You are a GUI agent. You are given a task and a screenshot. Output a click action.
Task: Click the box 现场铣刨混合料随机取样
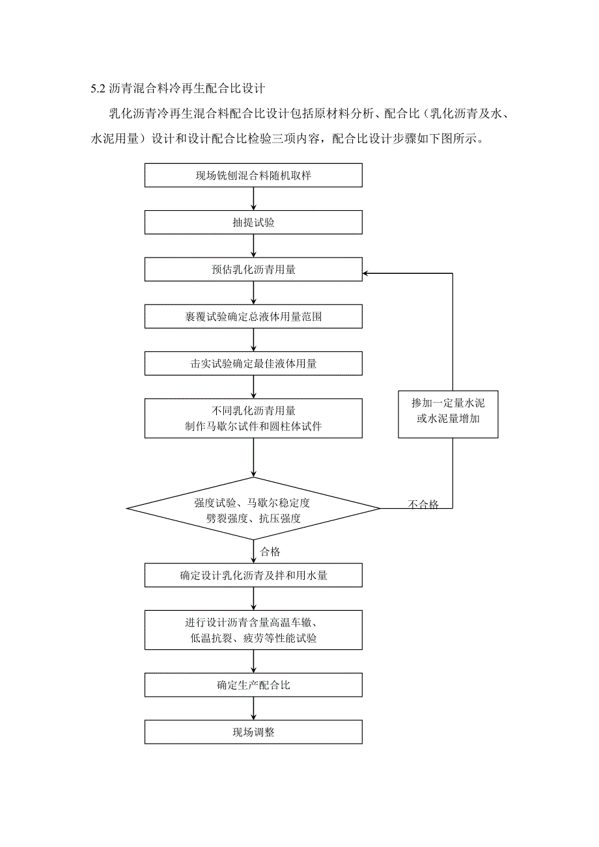pyautogui.click(x=253, y=176)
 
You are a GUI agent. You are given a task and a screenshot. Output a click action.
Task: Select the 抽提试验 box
pyautogui.click(x=253, y=222)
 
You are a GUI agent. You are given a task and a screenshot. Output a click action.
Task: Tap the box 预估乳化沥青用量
pyautogui.click(x=253, y=269)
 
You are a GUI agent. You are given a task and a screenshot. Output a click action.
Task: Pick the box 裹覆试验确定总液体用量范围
pyautogui.click(x=253, y=317)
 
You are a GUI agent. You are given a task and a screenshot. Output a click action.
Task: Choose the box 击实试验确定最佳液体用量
pyautogui.click(x=253, y=364)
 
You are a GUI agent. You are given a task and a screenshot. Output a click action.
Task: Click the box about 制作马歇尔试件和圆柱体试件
pyautogui.click(x=253, y=418)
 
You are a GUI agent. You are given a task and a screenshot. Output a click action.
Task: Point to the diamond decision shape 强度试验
pyautogui.click(x=253, y=509)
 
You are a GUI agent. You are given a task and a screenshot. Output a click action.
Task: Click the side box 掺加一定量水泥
pyautogui.click(x=448, y=412)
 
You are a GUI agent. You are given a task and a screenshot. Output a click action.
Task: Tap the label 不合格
pyautogui.click(x=423, y=504)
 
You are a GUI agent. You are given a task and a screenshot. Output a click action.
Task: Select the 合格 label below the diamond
pyautogui.click(x=270, y=552)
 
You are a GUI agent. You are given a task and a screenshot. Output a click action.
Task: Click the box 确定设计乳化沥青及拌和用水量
pyautogui.click(x=253, y=575)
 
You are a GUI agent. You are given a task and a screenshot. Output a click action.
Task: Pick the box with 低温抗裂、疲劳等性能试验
pyautogui.click(x=253, y=630)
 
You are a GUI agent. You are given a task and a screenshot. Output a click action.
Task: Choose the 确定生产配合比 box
pyautogui.click(x=253, y=685)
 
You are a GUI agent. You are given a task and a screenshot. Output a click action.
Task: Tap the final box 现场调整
pyautogui.click(x=253, y=732)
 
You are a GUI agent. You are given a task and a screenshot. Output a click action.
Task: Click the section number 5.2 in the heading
pyautogui.click(x=98, y=87)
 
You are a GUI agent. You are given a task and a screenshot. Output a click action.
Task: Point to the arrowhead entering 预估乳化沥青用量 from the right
pyautogui.click(x=367, y=273)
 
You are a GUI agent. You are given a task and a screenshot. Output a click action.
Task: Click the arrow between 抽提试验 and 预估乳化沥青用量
pyautogui.click(x=253, y=246)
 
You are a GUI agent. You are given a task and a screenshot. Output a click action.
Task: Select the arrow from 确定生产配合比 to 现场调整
pyautogui.click(x=253, y=708)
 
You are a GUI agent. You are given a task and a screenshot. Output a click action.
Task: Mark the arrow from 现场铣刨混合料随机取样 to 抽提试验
pyautogui.click(x=253, y=199)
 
